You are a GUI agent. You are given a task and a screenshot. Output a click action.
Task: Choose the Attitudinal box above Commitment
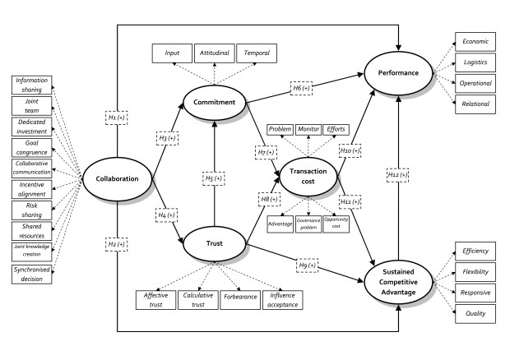point(214,53)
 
